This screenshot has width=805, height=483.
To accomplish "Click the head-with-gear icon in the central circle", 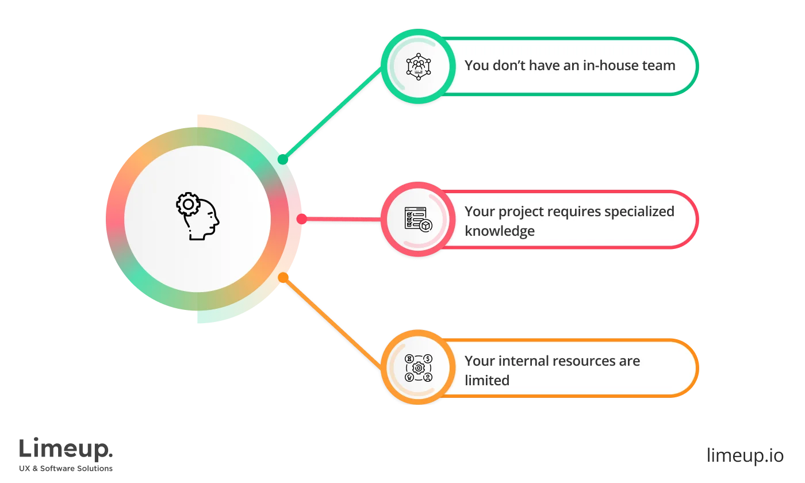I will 197,217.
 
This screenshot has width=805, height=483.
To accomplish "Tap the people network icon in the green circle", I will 419,66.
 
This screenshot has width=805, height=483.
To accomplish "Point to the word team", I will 659,66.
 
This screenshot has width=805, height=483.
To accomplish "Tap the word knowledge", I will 499,231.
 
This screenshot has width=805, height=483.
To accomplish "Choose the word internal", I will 519,361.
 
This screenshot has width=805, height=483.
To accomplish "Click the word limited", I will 486,381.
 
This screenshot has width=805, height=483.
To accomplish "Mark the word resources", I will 578,361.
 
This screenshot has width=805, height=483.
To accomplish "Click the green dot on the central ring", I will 282,159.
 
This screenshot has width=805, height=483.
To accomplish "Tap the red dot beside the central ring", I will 301,218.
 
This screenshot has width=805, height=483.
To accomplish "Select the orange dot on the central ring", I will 282,277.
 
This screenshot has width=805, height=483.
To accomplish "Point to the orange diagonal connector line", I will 332,323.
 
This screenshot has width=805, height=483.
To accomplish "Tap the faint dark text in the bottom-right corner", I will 744,455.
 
